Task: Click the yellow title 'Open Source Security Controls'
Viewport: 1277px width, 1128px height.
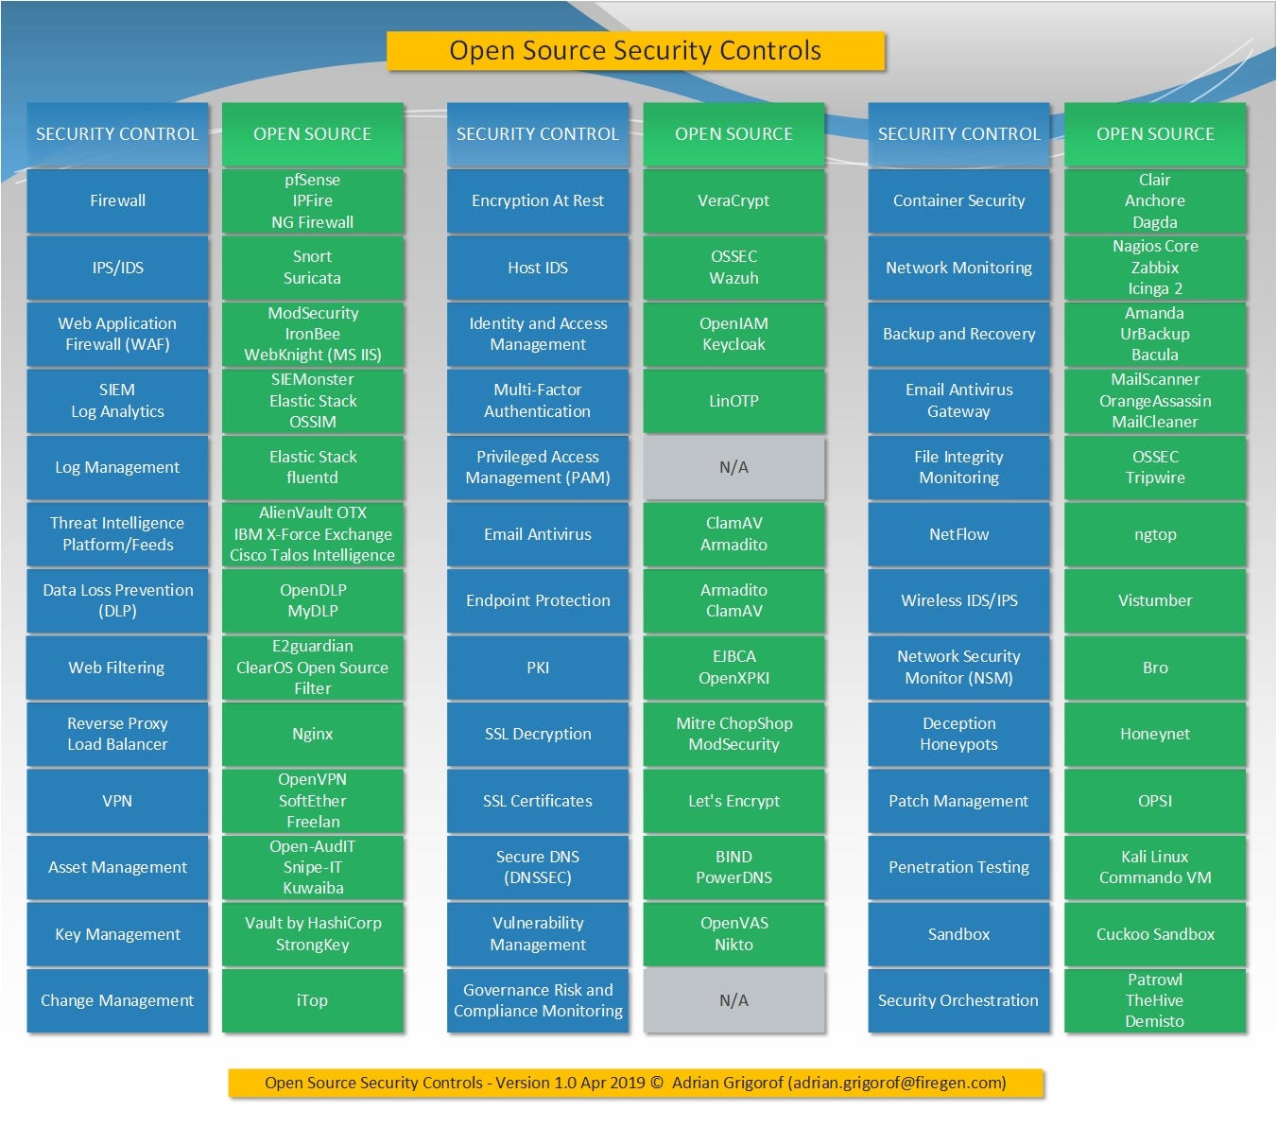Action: tap(635, 51)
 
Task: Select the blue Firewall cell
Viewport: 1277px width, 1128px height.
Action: tap(117, 200)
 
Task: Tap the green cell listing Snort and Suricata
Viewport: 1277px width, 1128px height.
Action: tap(312, 268)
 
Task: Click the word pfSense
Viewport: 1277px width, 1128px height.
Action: tap(312, 180)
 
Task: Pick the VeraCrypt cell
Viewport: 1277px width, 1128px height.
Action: tap(733, 200)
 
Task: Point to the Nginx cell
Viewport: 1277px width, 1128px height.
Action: tap(312, 734)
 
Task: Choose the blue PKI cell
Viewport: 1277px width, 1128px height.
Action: tap(538, 668)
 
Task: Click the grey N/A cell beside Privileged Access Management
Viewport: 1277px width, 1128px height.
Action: tap(733, 467)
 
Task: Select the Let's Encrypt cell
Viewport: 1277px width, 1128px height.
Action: tap(733, 801)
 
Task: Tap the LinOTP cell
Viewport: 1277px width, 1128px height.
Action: tap(733, 401)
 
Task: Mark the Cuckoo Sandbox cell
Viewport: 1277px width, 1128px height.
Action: tap(1155, 934)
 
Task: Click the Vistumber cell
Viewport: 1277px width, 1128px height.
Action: tap(1155, 600)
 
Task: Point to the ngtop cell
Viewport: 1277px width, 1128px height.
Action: tap(1155, 534)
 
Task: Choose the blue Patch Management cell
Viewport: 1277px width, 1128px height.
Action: tap(958, 801)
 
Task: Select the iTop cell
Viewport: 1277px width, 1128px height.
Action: tap(312, 1000)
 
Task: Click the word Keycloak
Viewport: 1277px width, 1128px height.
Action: tap(733, 344)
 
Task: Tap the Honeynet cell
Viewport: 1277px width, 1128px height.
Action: tap(1155, 734)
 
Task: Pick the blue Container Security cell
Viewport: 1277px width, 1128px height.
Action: tap(958, 200)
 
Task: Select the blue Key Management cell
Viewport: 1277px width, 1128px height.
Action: tap(117, 934)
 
